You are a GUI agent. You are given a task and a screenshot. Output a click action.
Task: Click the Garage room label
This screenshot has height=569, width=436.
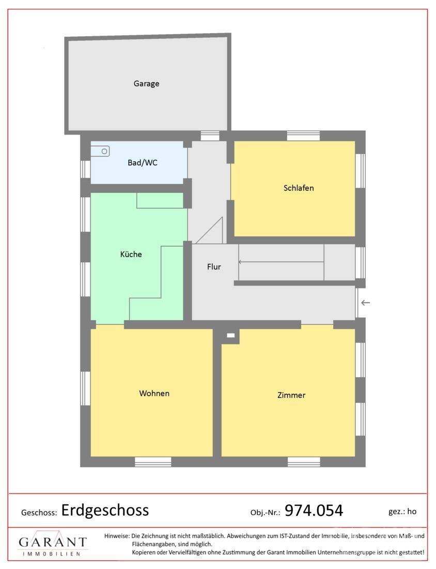[146, 83]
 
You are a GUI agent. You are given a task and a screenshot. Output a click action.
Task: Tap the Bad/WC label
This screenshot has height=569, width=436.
[143, 162]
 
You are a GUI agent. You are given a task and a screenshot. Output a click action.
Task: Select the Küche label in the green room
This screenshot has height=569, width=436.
[131, 254]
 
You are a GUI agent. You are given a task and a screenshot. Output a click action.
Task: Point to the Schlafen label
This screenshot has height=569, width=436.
[299, 188]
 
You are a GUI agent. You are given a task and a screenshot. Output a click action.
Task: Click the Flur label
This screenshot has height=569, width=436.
[214, 267]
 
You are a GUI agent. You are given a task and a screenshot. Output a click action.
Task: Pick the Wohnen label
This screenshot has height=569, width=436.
[154, 393]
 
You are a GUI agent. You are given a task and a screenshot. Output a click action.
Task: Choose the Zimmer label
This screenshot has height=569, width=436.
[291, 395]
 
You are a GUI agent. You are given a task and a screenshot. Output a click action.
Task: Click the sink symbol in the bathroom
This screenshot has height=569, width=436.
[100, 152]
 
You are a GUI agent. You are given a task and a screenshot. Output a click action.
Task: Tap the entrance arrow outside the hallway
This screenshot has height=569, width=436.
[365, 303]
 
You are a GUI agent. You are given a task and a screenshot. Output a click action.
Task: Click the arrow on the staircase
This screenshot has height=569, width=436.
[281, 262]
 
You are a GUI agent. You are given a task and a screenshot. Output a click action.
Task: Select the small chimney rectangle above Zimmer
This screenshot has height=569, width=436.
[231, 336]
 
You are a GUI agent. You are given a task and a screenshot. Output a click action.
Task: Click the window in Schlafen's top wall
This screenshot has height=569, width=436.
[303, 136]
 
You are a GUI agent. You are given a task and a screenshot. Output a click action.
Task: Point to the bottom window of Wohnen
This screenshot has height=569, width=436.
[153, 461]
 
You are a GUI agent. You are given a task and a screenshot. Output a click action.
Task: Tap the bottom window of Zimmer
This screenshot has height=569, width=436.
[304, 461]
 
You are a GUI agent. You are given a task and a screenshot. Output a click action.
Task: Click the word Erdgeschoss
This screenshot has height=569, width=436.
[105, 510]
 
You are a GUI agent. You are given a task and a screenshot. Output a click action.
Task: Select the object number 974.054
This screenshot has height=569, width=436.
[314, 511]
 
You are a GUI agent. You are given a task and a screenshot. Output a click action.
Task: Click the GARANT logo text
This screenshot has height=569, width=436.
[53, 542]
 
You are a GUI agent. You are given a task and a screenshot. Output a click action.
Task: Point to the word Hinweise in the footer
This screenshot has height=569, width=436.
[117, 535]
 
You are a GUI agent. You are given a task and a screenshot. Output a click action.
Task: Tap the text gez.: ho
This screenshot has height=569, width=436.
[402, 512]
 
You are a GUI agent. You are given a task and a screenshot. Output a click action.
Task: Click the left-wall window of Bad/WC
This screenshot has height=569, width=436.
[85, 169]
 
